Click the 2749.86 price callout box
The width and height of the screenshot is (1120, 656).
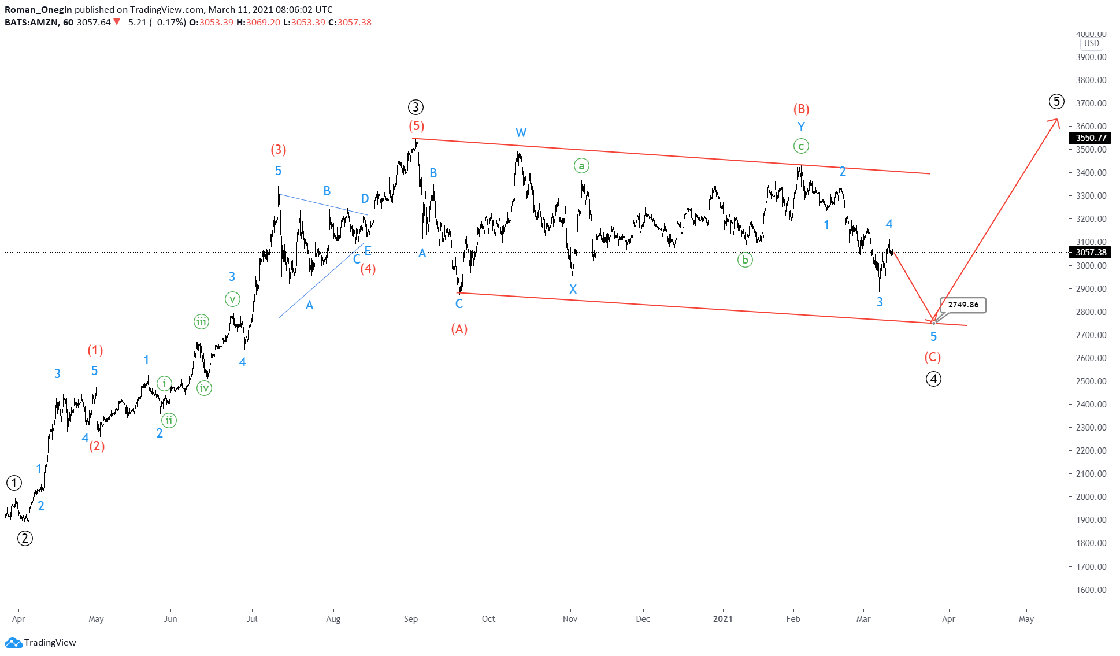pos(963,305)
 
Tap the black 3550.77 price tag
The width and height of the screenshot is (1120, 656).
pos(1091,138)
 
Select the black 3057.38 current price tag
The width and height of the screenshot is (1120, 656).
pos(1091,253)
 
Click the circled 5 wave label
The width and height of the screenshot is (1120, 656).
pos(1056,102)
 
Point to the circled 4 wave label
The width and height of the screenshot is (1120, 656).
pos(933,379)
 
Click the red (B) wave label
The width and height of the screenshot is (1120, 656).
pos(801,109)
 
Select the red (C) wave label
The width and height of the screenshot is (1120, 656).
pos(932,357)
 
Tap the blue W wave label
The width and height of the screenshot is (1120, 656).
pos(521,132)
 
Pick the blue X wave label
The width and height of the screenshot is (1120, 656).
pos(573,289)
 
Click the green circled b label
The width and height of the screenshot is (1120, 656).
pos(745,260)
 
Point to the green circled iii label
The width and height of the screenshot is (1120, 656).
pos(201,322)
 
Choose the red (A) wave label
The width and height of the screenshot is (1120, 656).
pos(459,329)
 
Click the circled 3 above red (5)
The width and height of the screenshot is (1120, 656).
pos(416,107)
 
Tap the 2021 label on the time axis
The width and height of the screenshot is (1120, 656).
pos(722,619)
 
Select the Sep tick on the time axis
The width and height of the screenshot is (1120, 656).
pos(411,619)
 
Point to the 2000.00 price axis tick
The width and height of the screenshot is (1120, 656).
pos(1091,497)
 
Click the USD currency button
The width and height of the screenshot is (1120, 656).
pos(1091,43)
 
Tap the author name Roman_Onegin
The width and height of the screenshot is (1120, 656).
pos(38,9)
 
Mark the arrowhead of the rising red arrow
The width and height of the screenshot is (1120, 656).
pos(1057,120)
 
